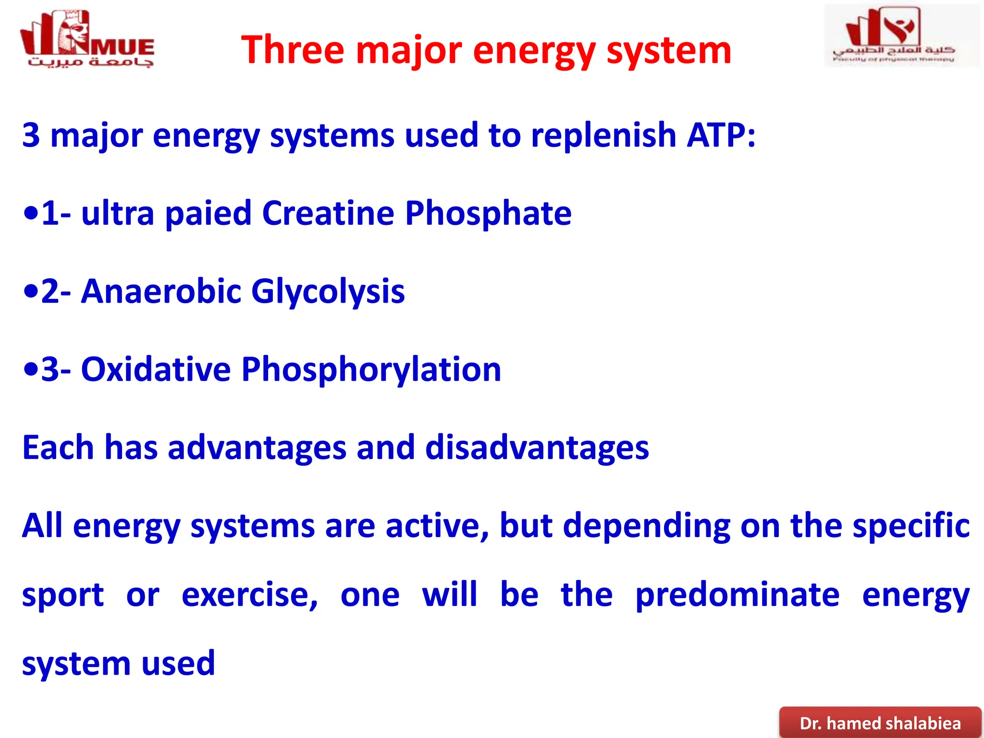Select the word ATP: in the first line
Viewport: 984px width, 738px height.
(721, 135)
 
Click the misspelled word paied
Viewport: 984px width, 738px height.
(208, 213)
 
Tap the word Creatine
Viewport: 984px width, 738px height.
(328, 213)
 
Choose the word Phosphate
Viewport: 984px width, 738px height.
(488, 213)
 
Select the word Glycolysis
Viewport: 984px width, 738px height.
(328, 292)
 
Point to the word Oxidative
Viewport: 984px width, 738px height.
(156, 369)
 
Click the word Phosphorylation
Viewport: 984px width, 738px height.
(371, 369)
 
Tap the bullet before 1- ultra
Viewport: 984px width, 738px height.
(30, 213)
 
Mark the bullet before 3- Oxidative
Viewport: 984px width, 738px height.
(30, 369)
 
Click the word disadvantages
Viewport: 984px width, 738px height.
(537, 448)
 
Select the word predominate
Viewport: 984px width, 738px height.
(737, 595)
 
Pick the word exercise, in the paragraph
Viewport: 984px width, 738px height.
(249, 595)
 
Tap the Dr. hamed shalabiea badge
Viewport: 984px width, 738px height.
(880, 723)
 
